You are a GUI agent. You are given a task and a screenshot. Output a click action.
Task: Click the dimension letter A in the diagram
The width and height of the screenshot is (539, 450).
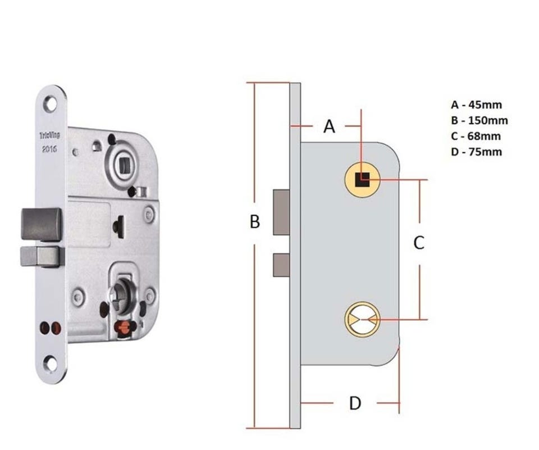tap(330, 127)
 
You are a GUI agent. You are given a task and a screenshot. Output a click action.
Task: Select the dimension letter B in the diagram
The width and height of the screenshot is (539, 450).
tap(254, 222)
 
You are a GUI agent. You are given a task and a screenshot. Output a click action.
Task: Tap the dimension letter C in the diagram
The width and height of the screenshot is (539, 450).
tap(419, 243)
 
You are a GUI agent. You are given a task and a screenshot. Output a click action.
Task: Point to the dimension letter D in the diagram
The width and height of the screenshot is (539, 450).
tap(355, 403)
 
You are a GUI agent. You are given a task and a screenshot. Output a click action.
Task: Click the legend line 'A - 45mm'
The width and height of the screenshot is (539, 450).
tap(476, 104)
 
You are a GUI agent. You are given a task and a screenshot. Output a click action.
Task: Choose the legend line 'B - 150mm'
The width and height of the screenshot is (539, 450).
tap(479, 120)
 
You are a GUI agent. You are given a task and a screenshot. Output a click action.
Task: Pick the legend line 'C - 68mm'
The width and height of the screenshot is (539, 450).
tap(476, 136)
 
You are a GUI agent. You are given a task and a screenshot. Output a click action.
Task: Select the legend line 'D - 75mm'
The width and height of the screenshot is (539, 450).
tap(476, 152)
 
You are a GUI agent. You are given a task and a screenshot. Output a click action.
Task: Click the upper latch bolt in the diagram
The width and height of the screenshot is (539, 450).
tap(281, 212)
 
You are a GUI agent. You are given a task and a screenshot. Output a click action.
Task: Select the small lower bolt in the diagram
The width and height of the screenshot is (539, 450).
tap(281, 265)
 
